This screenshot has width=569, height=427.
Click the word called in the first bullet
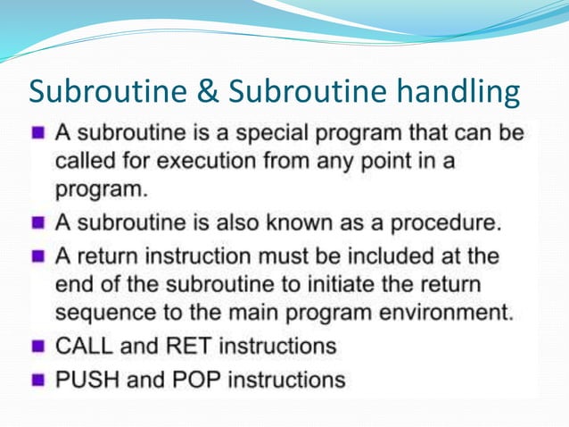coord(84,163)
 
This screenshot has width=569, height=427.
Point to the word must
coord(311,256)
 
